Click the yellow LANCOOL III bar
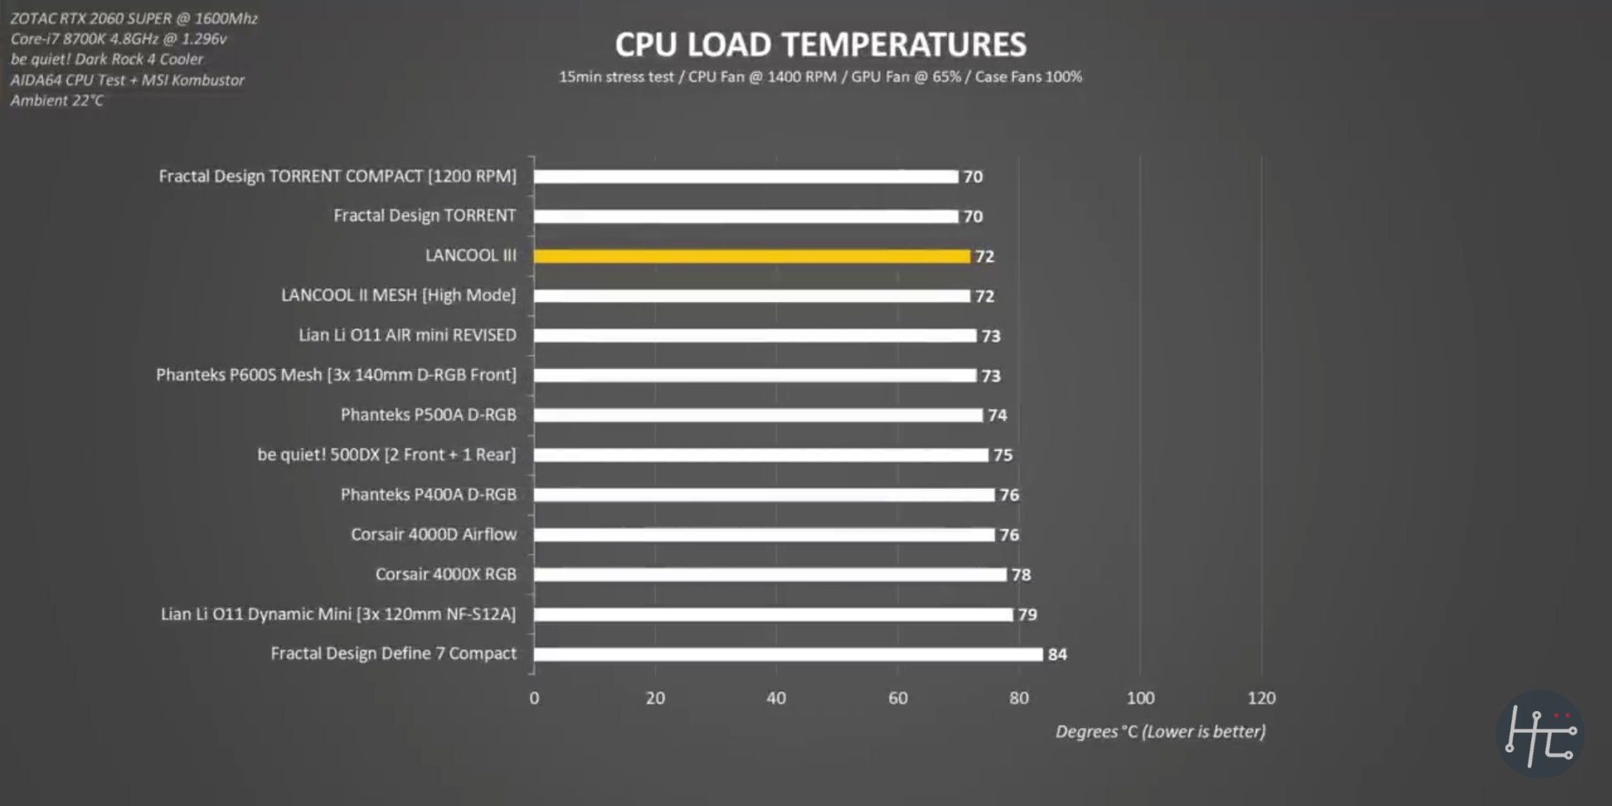751,256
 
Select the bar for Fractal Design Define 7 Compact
788,654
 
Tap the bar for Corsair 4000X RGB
769,574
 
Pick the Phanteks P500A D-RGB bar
757,415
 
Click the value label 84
1057,654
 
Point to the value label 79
1027,615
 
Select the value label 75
1002,455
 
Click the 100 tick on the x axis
1139,698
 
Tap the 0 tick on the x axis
534,698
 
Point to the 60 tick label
898,698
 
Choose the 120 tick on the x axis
1261,698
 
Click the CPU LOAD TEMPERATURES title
820,44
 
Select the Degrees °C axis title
1159,731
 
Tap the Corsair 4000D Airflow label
433,535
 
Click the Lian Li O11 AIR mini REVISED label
407,335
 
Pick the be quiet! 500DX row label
386,455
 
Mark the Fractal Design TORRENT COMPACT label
338,176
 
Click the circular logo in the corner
1539,734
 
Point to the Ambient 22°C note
57,101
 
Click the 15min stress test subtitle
820,77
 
